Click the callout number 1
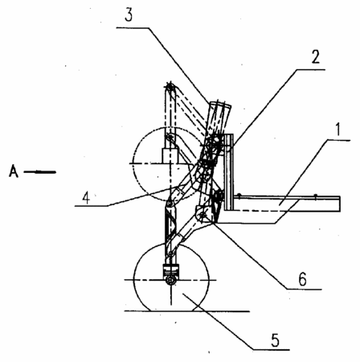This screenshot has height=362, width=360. (x=338, y=130)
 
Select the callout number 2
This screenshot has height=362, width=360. (x=316, y=57)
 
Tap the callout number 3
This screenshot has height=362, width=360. (x=129, y=15)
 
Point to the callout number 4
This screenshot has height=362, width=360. (x=86, y=198)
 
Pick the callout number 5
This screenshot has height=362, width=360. (x=275, y=340)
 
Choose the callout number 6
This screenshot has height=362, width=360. (x=302, y=279)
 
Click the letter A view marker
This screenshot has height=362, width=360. (x=14, y=171)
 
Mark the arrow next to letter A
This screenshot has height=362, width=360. (x=39, y=172)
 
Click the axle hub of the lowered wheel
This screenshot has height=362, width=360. (x=170, y=280)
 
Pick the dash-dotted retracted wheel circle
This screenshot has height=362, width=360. (x=134, y=163)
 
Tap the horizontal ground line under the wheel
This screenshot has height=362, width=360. (x=187, y=311)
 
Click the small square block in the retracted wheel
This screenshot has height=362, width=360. (x=170, y=156)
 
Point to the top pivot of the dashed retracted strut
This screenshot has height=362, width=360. (x=170, y=87)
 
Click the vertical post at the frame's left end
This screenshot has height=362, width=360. (x=229, y=172)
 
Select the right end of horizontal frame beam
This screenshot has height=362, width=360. (x=340, y=204)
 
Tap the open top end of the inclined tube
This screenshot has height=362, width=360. (x=220, y=104)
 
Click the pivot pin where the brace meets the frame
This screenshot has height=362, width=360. (x=203, y=215)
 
